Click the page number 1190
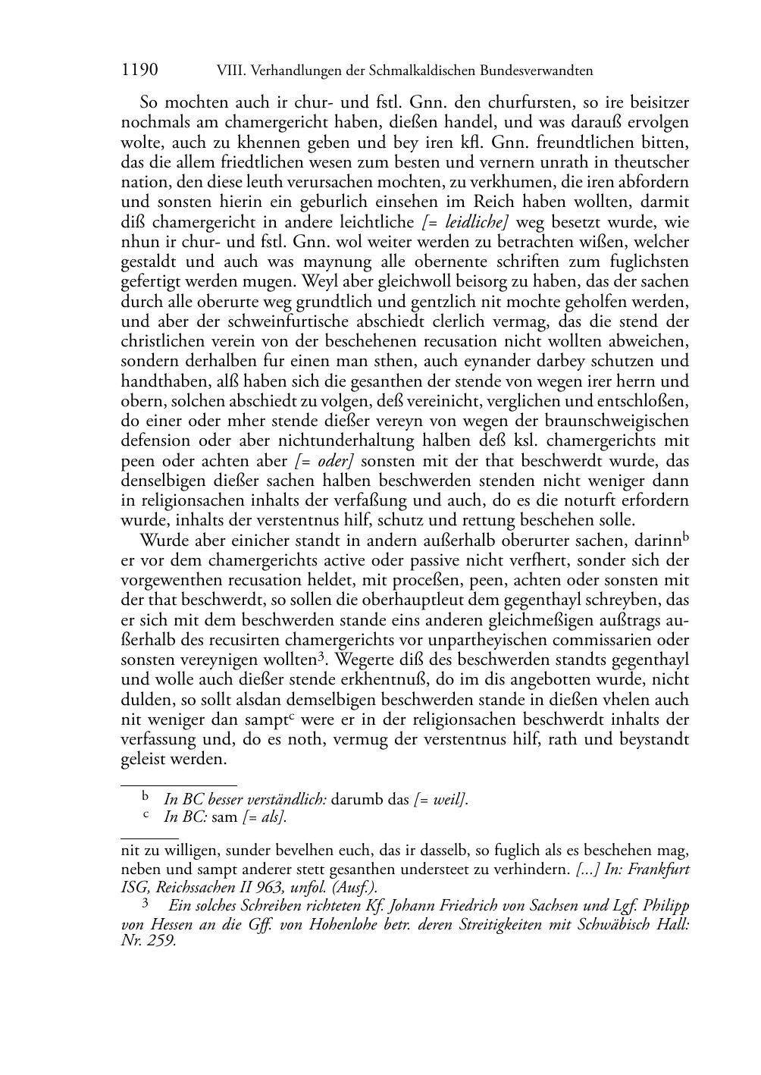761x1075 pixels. click(x=139, y=71)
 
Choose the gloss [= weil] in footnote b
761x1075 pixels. click(x=440, y=799)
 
